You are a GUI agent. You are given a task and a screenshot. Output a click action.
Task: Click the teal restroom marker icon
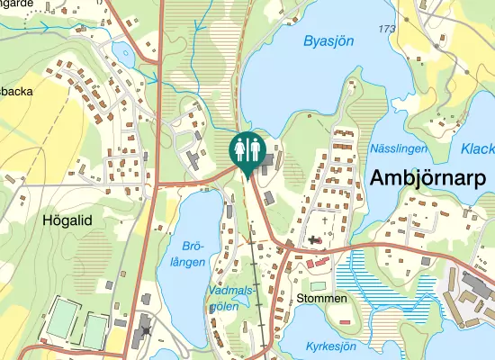point(247,150)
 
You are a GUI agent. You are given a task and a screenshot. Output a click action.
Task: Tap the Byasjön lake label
point(328,40)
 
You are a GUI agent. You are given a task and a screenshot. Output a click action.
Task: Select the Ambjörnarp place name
point(427,177)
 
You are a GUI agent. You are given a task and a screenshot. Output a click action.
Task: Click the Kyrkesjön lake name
point(330,346)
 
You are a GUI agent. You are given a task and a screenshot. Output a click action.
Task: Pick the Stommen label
point(321,298)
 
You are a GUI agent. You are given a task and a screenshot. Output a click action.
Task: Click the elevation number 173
point(388,30)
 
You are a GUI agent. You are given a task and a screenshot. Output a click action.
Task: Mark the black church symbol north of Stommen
point(313,240)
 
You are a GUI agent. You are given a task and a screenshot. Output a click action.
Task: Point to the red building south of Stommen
point(343,321)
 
